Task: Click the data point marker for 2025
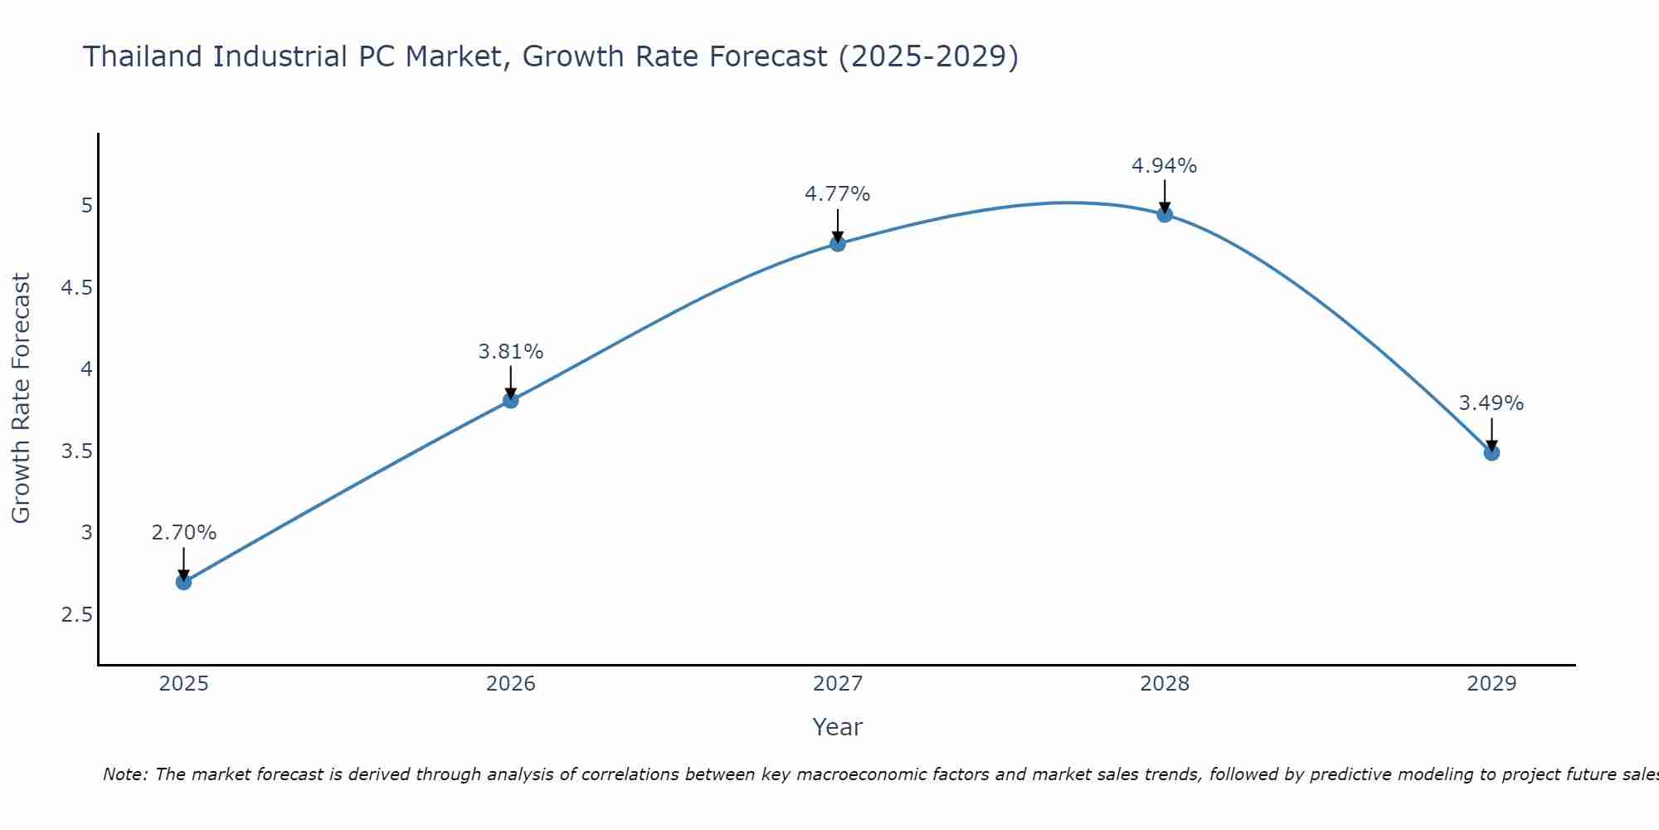pyautogui.click(x=183, y=582)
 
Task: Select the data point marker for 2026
pyautogui.click(x=510, y=401)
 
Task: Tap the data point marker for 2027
pyautogui.click(x=837, y=243)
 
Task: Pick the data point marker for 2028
pyautogui.click(x=1164, y=215)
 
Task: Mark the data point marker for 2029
pyautogui.click(x=1491, y=452)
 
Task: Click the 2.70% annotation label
pyautogui.click(x=183, y=533)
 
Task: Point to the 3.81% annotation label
pyautogui.click(x=510, y=352)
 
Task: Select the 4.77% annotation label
pyautogui.click(x=837, y=194)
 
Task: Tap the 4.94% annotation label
pyautogui.click(x=1164, y=166)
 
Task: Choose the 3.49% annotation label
pyautogui.click(x=1491, y=403)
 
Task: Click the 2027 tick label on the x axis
pyautogui.click(x=837, y=684)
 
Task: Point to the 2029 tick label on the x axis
pyautogui.click(x=1491, y=684)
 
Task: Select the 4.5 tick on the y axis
pyautogui.click(x=76, y=288)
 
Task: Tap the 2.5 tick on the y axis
pyautogui.click(x=76, y=615)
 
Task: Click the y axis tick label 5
pyautogui.click(x=87, y=206)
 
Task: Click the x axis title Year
pyautogui.click(x=837, y=727)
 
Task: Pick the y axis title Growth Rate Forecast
pyautogui.click(x=21, y=398)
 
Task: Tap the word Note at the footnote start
pyautogui.click(x=124, y=774)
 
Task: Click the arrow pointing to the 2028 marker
pyautogui.click(x=1164, y=198)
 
